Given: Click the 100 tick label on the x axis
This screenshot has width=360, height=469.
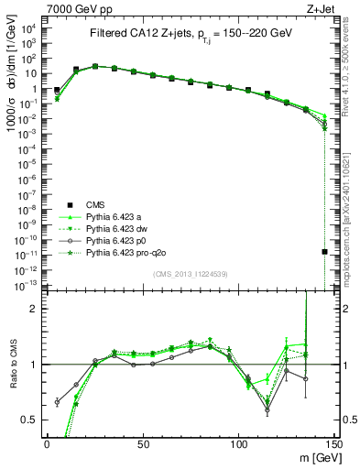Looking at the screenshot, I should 239,442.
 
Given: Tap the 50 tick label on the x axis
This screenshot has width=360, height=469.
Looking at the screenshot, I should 143,442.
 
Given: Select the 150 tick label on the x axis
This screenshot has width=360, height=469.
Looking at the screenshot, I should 334,442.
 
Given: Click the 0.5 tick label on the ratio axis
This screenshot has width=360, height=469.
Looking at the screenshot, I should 32,420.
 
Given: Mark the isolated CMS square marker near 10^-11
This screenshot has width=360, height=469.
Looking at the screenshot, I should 325,251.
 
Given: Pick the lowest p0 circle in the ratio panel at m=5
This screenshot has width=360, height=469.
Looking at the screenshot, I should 57,402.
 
